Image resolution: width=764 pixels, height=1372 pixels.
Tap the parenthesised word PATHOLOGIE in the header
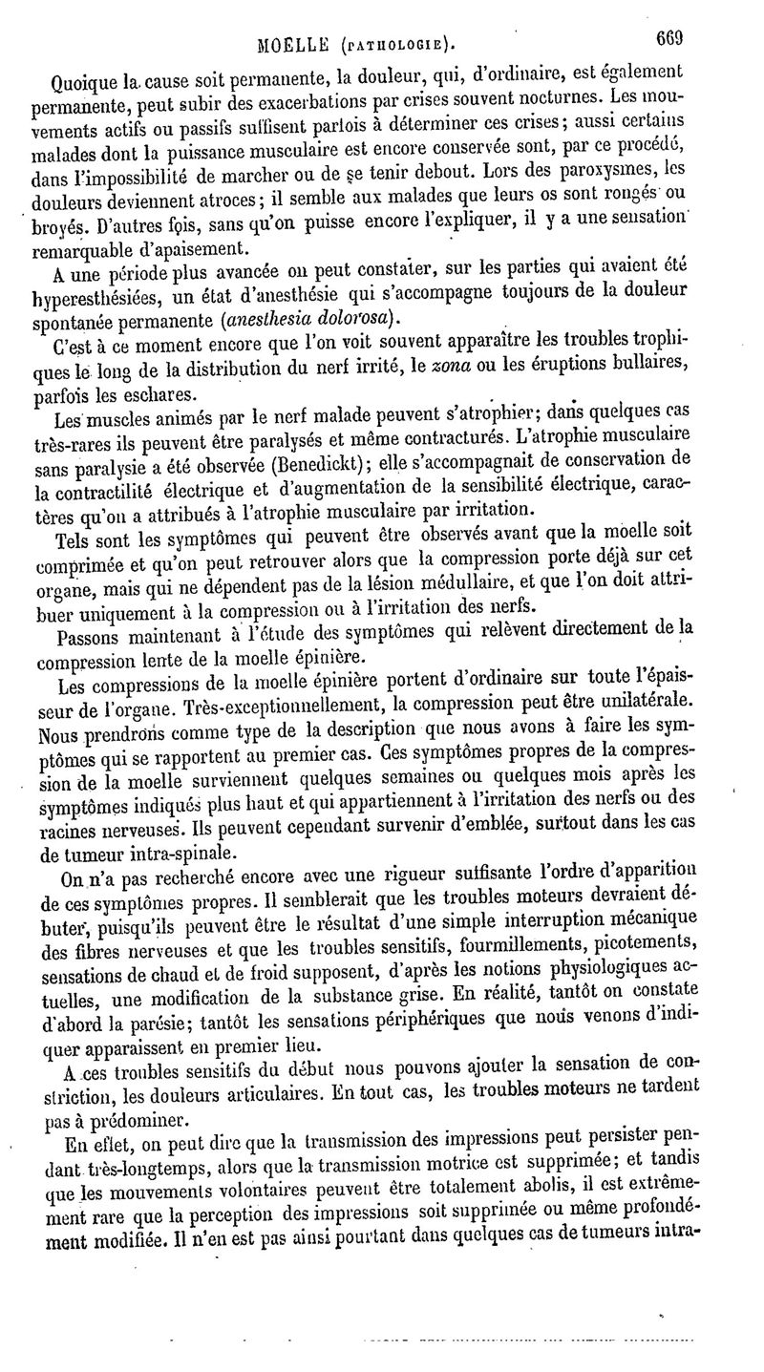tap(394, 43)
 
